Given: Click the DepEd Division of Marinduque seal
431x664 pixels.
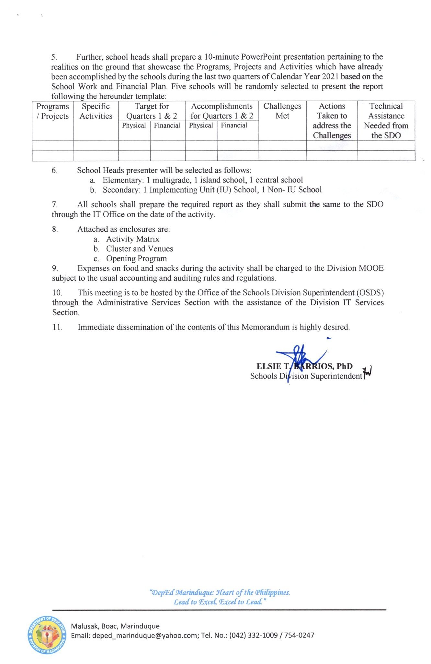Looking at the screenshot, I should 47,635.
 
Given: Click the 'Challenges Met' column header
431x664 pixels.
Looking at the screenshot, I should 282,111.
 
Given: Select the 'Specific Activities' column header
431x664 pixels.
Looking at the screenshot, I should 96,111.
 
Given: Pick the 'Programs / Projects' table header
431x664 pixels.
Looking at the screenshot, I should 53,111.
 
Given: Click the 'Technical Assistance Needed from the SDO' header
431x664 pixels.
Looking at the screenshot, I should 386,121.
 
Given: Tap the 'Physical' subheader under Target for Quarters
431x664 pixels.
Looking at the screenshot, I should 134,125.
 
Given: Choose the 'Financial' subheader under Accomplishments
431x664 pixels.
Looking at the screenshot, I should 234,125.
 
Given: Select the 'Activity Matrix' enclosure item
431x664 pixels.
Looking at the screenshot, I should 133,239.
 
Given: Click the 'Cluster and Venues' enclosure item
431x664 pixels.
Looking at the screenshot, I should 140,249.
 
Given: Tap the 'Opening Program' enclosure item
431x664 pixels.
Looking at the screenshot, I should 136,259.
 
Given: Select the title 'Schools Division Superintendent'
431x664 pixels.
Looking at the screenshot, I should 306,376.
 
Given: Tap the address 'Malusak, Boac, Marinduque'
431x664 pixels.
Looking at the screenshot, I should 115,626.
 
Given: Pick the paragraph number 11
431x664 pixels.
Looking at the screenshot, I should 57,327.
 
